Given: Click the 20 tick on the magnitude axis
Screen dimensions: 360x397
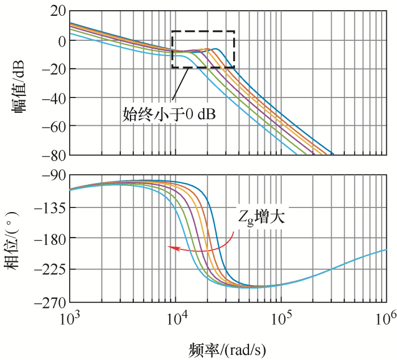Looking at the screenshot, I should point(55,11).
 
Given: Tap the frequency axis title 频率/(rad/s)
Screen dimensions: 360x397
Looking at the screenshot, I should point(227,346).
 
